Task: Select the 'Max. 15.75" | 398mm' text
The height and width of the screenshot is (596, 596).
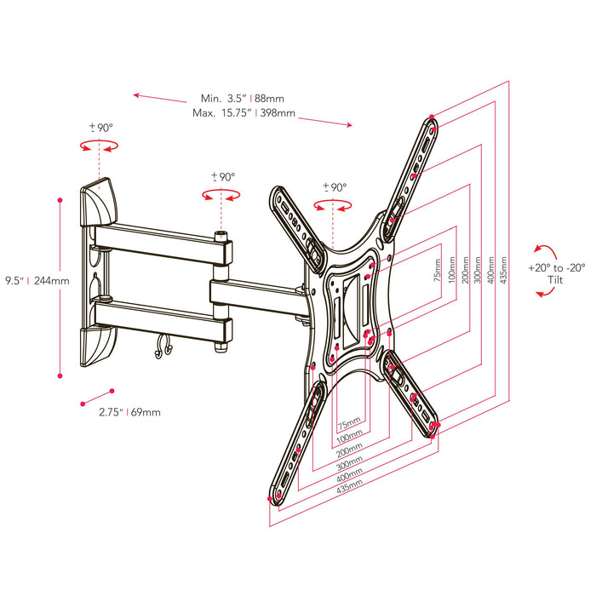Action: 244,112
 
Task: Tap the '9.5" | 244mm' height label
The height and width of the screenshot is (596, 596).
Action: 37,279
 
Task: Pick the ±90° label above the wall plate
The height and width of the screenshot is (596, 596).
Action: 100,128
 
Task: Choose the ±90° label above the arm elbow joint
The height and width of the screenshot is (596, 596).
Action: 222,176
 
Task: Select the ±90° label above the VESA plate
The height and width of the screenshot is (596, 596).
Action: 333,186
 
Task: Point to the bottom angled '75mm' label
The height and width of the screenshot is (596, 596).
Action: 347,422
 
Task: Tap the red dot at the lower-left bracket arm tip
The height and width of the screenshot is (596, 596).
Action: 271,499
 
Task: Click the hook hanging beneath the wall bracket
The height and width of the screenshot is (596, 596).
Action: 163,347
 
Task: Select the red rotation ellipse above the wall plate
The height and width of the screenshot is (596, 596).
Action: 100,146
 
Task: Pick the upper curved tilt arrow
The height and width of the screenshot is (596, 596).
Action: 540,249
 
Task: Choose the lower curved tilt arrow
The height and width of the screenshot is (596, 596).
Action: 541,293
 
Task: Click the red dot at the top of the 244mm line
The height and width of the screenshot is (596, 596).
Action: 60,200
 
